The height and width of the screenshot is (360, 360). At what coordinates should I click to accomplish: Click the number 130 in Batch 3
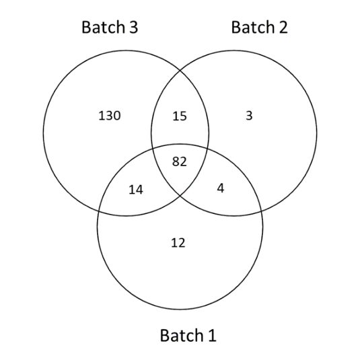pos(110,116)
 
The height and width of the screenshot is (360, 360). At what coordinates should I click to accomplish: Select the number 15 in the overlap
pos(180,116)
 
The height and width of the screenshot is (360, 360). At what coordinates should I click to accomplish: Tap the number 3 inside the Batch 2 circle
pos(249,116)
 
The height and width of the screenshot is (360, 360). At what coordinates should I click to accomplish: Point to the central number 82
pos(180,161)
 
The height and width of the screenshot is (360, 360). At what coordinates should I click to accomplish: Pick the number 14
pos(136,190)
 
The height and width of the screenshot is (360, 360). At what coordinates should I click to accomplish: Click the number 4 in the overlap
pos(221,188)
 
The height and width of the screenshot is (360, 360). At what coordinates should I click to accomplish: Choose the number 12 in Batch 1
pos(178,243)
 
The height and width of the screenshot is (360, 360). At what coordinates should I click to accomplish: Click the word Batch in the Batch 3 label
pos(103,27)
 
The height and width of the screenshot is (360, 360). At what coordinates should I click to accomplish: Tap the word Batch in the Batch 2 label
pos(253,27)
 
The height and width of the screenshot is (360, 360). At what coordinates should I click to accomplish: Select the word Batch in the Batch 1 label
pos(182,335)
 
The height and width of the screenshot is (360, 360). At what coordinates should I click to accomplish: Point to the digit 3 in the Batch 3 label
pos(133,28)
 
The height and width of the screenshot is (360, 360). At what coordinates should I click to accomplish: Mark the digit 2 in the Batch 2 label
pos(283,27)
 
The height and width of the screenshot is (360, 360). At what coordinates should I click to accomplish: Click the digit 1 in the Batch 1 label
pos(212,335)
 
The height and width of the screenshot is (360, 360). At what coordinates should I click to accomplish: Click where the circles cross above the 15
pos(180,70)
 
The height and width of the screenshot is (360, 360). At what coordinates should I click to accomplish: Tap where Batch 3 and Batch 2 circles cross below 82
pos(180,196)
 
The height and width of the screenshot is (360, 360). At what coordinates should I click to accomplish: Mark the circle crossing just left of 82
pos(152,149)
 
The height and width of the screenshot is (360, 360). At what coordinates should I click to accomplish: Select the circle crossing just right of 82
pos(207,149)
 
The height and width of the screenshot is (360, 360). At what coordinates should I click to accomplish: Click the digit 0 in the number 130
pos(116,116)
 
